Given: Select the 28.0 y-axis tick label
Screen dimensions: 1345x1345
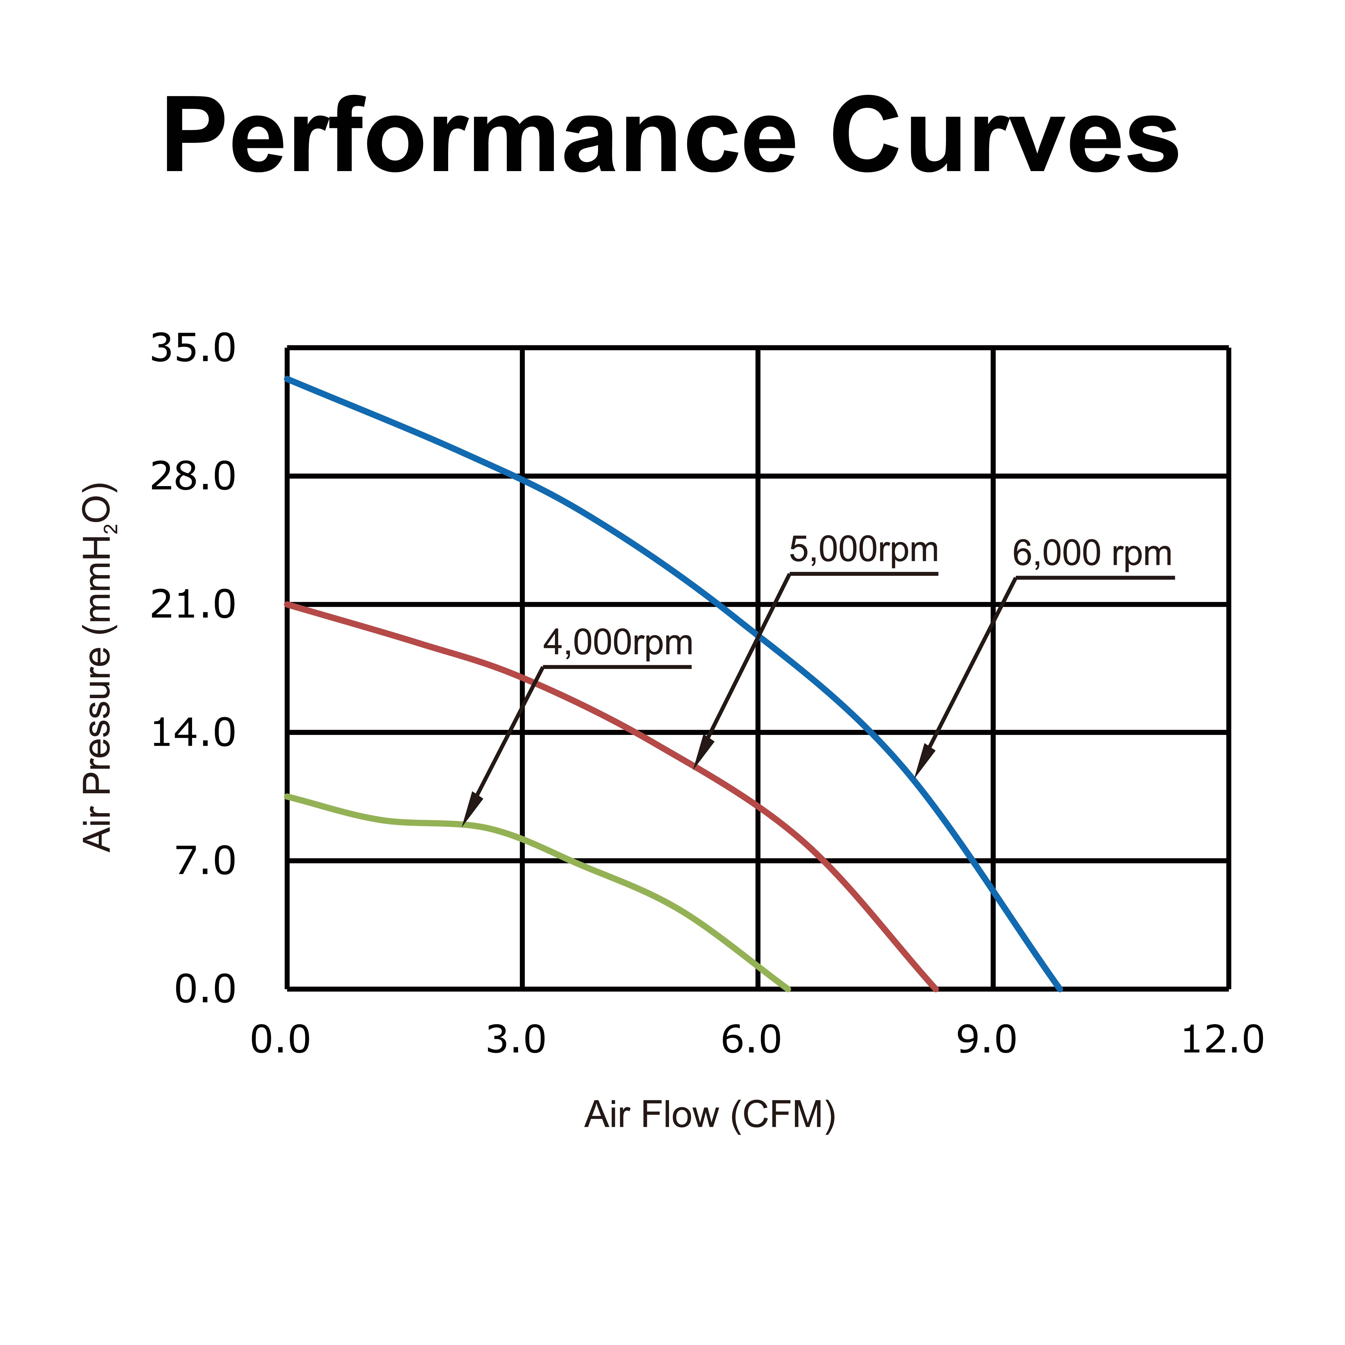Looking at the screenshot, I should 193,477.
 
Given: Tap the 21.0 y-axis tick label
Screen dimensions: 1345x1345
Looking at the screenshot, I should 193,605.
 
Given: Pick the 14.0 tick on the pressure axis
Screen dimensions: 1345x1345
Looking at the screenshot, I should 193,733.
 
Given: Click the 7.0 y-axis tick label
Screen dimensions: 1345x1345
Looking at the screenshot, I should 205,862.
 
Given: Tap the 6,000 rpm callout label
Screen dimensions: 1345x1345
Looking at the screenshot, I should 1092,554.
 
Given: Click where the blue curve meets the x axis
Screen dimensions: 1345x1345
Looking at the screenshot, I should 1060,989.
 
